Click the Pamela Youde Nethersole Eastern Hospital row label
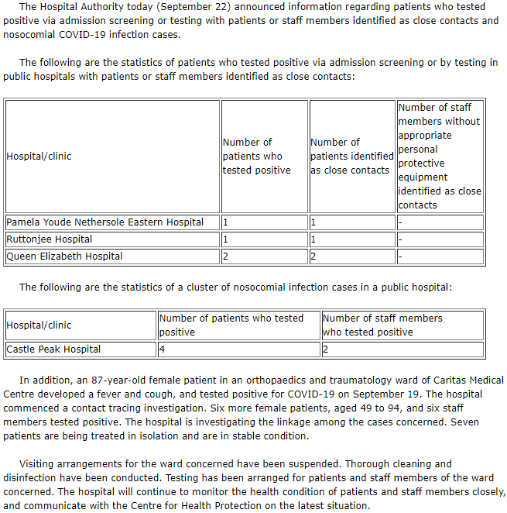[x=105, y=222]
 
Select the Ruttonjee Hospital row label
[x=50, y=239]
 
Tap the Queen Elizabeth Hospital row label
[x=64, y=256]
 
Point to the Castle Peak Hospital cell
[x=53, y=349]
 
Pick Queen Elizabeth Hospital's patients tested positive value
[x=225, y=256]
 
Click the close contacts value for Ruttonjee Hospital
[x=313, y=239]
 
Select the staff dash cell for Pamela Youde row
[x=400, y=222]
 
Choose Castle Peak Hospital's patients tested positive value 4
[x=162, y=349]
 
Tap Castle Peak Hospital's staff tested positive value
[x=325, y=349]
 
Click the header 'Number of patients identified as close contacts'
[x=351, y=156]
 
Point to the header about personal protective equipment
[x=439, y=156]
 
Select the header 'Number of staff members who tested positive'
[x=382, y=325]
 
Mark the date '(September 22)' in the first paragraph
[x=203, y=7]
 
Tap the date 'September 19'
[x=408, y=394]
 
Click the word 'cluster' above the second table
[x=201, y=287]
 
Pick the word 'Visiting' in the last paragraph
[x=40, y=464]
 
